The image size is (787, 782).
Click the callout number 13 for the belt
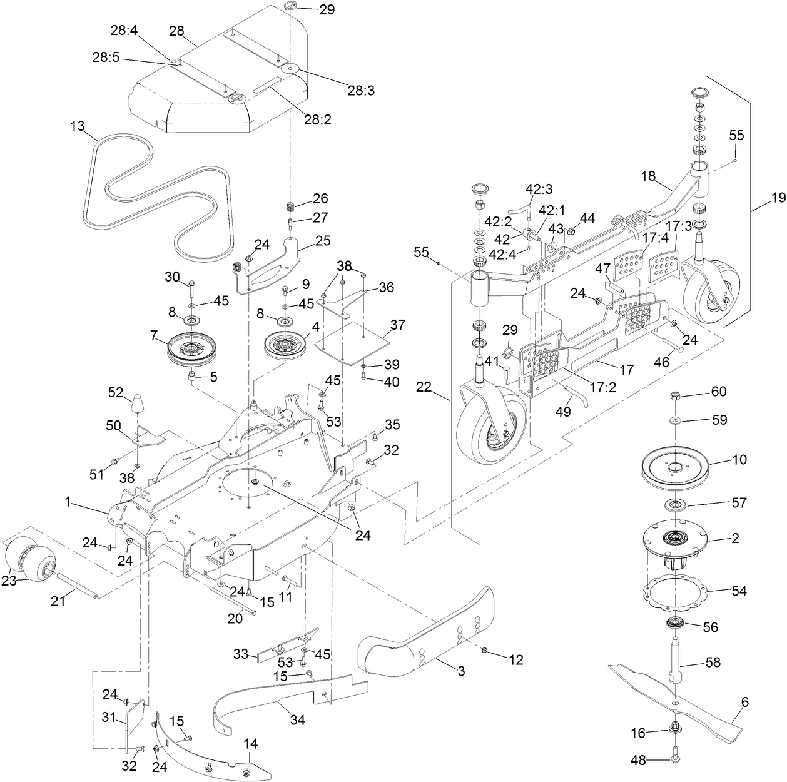pos(77,126)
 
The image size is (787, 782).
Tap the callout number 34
pos(297,719)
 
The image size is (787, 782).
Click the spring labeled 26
pos(290,207)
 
